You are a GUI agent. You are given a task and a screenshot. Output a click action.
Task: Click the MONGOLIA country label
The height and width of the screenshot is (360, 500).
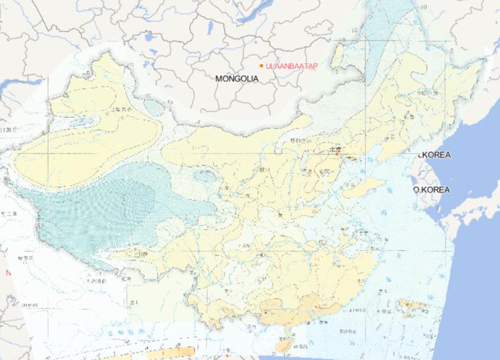click(237, 78)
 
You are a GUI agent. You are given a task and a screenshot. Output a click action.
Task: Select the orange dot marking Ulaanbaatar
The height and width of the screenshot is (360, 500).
click(261, 66)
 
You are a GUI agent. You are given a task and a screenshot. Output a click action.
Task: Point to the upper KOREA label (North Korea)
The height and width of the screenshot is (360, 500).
click(435, 155)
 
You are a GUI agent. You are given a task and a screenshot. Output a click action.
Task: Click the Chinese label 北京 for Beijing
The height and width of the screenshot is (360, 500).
click(335, 148)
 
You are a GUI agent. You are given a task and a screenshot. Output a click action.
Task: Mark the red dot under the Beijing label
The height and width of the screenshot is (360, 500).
click(337, 154)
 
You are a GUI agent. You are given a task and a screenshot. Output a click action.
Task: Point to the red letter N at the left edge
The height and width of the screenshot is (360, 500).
click(8, 273)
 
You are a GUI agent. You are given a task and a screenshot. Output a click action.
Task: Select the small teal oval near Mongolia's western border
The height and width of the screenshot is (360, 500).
click(154, 105)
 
